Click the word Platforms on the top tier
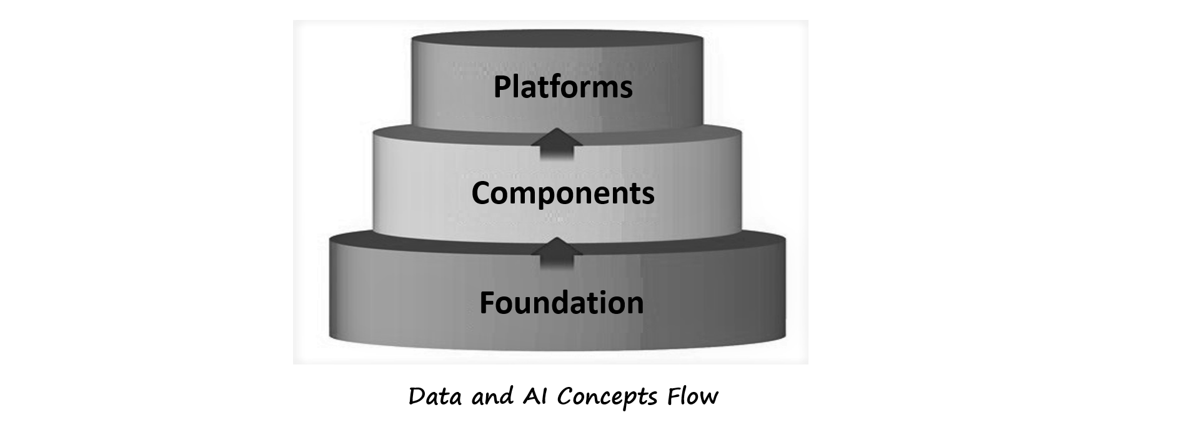[562, 87]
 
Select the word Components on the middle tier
[562, 193]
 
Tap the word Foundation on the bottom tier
[561, 303]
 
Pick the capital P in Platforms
[502, 87]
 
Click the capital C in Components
[481, 193]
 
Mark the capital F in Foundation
[487, 303]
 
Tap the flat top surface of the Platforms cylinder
[557, 37]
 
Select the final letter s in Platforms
[625, 89]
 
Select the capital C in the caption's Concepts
[565, 396]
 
